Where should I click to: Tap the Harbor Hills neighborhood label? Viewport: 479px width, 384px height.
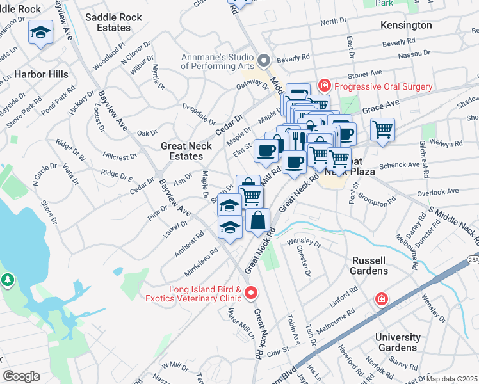pos(41,74)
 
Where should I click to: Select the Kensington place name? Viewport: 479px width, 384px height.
pos(406,25)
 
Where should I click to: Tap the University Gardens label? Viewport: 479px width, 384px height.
pos(398,342)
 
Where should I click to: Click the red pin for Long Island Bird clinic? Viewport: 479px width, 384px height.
pos(251,293)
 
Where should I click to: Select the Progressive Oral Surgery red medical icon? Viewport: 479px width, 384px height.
pos(325,86)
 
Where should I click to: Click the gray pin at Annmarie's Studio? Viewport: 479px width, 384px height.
pos(263,61)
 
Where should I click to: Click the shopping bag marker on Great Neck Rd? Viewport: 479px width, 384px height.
pos(257,221)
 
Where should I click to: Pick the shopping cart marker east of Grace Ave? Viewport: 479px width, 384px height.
pos(382,130)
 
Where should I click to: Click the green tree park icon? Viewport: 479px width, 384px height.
pos(7,279)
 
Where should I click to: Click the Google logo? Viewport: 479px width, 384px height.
pos(21,376)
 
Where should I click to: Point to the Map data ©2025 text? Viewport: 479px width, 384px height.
pos(451,379)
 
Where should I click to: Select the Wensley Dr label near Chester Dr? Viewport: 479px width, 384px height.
pos(304,243)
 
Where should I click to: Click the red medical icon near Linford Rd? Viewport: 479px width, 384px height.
pos(382,299)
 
